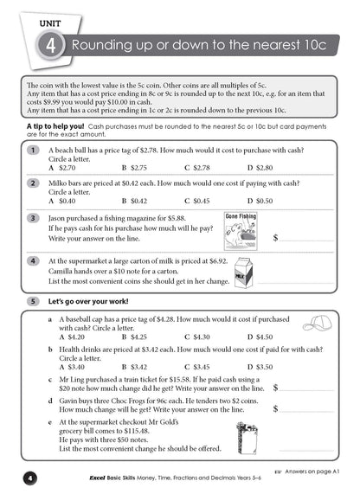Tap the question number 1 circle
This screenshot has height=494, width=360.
[x=32, y=151]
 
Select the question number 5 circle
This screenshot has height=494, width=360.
[x=32, y=301]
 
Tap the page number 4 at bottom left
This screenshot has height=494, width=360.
[x=29, y=478]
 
